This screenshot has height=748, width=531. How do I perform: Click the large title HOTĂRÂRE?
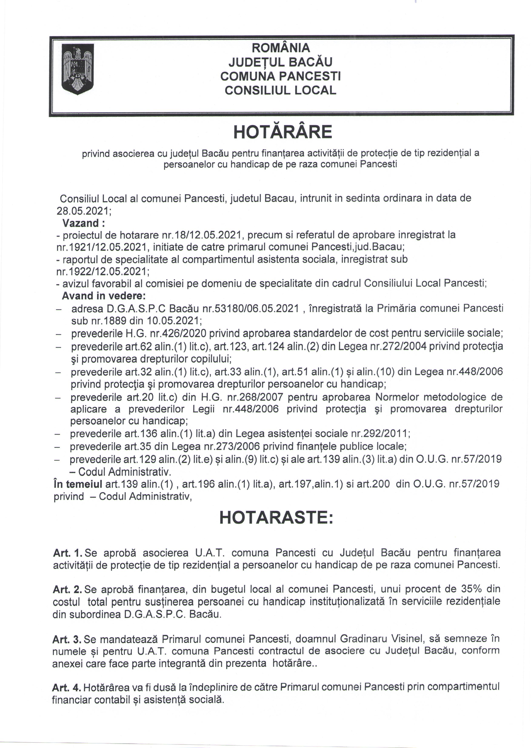tap(283, 132)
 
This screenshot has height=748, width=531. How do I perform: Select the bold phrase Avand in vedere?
tap(104, 296)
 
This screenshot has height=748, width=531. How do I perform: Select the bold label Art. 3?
tap(67, 638)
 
